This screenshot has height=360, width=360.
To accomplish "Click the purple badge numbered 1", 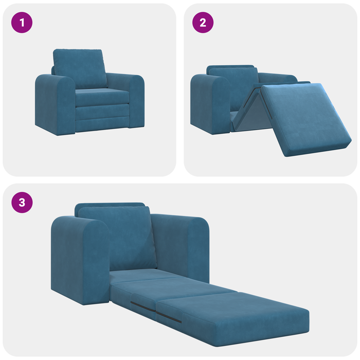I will tap(22, 23).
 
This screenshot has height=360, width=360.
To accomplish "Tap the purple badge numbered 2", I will tap(203, 23).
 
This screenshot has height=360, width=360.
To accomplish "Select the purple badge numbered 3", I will tap(22, 202).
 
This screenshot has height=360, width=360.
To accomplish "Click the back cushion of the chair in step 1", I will tap(79, 69).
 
